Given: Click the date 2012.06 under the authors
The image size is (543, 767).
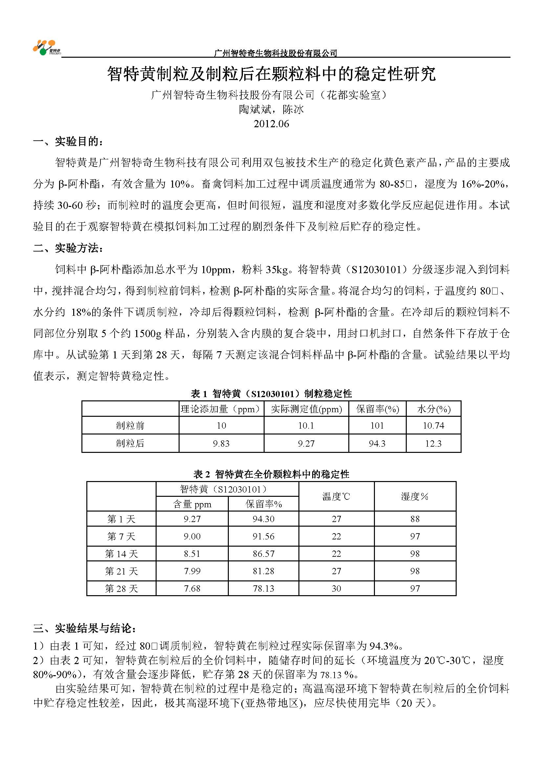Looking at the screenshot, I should click(271, 124).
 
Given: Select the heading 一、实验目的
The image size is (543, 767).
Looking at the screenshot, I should click(68, 142).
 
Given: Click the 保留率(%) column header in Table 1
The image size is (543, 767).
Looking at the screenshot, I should click(377, 409).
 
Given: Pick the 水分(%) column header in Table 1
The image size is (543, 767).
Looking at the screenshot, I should click(433, 409).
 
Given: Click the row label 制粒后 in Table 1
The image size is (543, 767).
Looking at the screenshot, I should click(130, 443).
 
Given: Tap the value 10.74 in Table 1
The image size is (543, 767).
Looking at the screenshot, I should click(433, 426).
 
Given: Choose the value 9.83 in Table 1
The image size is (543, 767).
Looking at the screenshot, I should click(221, 444).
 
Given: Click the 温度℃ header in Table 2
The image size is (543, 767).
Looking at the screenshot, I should click(336, 496).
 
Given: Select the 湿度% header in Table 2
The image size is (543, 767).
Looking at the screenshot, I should click(415, 496).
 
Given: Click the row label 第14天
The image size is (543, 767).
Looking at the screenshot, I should click(121, 554).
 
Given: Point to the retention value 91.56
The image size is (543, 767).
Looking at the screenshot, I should click(264, 536).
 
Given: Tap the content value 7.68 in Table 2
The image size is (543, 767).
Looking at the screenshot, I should click(192, 589).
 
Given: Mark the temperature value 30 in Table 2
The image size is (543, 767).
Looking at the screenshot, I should click(336, 589).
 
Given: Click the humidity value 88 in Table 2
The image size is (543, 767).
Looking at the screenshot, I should click(415, 519).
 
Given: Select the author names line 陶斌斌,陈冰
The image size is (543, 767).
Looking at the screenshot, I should click(271, 110).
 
